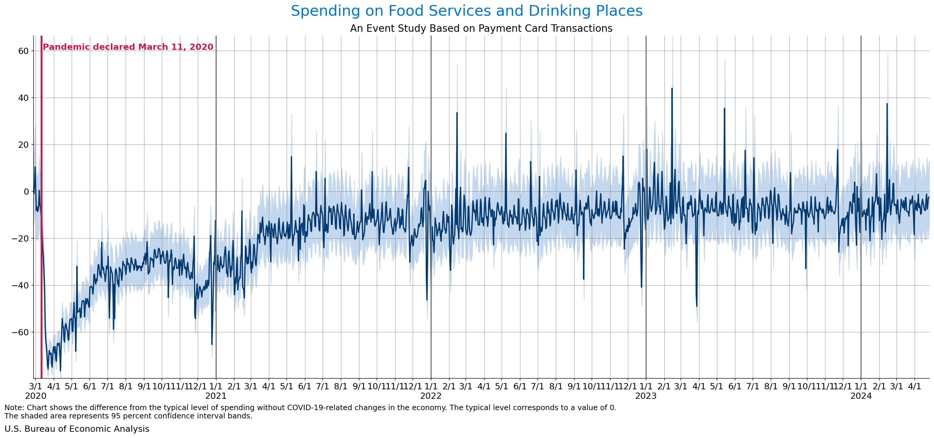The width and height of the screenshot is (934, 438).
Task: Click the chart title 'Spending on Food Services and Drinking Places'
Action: click(x=467, y=11)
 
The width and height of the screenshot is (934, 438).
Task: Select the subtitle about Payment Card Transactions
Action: click(x=481, y=28)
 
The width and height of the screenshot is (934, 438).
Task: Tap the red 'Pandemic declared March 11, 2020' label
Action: click(x=128, y=47)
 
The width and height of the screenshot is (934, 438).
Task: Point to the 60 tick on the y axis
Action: click(x=23, y=51)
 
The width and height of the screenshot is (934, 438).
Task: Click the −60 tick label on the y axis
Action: click(x=20, y=332)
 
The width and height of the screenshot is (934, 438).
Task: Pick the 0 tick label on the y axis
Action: click(x=26, y=192)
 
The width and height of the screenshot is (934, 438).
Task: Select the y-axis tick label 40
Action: click(x=23, y=98)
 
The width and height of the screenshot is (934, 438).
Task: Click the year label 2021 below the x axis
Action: click(x=216, y=396)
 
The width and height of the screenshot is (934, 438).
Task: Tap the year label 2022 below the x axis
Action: click(x=431, y=396)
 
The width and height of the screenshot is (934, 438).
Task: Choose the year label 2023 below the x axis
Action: click(x=646, y=396)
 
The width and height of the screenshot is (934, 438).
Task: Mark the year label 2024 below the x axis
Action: click(x=861, y=396)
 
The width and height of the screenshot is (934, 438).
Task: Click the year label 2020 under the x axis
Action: click(x=36, y=396)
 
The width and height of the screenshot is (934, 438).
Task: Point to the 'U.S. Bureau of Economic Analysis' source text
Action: click(x=77, y=429)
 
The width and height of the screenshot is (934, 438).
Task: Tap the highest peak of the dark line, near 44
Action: click(x=672, y=88)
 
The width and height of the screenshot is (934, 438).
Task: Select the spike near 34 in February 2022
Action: click(x=457, y=113)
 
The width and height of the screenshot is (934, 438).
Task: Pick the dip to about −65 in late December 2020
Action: click(x=212, y=344)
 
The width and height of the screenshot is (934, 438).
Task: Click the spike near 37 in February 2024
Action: click(x=887, y=104)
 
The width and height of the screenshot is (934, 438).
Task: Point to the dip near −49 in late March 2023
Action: click(x=696, y=306)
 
